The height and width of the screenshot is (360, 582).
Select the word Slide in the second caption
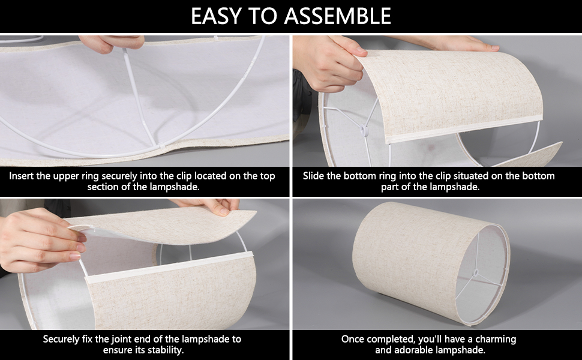pyautogui.click(x=314, y=176)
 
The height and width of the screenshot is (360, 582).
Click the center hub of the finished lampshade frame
pyautogui.click(x=476, y=273)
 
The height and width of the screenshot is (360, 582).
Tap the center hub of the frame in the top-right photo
pyautogui.click(x=364, y=130)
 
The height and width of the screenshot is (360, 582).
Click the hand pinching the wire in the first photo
pyautogui.click(x=112, y=43)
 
